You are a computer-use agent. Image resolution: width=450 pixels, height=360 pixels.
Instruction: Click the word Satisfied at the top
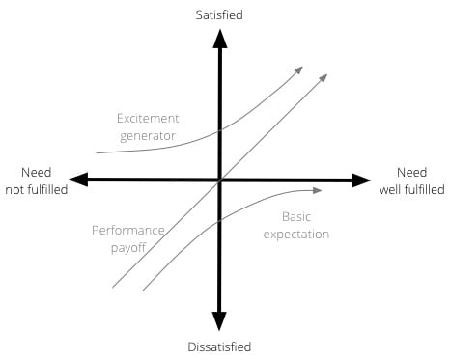[x=221, y=14]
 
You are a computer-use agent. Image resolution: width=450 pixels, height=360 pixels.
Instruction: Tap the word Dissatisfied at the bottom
[x=220, y=346]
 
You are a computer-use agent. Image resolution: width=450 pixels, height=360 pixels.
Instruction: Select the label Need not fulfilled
[x=36, y=180]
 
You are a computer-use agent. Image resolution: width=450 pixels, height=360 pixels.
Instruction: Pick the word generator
[x=147, y=136]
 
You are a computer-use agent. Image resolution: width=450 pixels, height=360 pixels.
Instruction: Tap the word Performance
[x=128, y=231]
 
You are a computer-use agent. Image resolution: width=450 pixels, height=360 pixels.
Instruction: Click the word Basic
[x=297, y=216]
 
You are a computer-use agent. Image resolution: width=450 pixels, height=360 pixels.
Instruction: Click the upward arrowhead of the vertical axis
[x=220, y=39]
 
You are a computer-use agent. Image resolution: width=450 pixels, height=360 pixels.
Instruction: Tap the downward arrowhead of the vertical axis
[x=220, y=323]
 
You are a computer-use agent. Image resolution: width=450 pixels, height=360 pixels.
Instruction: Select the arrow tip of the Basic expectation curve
[x=319, y=189]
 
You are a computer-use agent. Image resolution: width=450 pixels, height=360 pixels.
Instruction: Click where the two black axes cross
[x=220, y=180]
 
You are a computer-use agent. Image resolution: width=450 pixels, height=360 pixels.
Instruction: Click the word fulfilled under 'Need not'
[x=37, y=189]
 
